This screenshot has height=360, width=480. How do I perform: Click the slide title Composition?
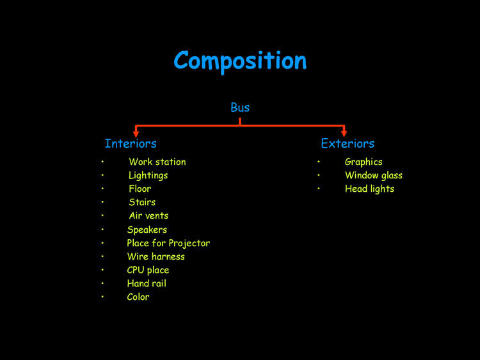pos(240,61)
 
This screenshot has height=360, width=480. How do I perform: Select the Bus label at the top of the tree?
pos(240,107)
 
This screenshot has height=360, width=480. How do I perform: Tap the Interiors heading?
pos(131,143)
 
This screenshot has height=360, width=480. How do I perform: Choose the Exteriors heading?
pos(348,143)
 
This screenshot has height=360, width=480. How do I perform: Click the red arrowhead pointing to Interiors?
pos(136,132)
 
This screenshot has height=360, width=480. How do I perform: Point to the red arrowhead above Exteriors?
pos(344,132)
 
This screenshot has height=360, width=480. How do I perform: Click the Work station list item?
pos(157,162)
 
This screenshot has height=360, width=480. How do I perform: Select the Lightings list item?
pos(148,175)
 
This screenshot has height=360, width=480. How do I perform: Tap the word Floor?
pos(140,189)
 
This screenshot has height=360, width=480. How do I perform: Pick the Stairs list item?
pos(142,202)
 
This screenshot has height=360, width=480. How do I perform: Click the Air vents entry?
pos(148,215)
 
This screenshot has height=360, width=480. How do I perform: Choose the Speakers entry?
pos(147,230)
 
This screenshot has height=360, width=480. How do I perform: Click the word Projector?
pos(189,243)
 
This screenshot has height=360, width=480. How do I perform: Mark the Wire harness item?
pos(156,256)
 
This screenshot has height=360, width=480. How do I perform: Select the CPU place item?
pos(148,270)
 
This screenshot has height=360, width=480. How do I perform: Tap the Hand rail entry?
pos(147,283)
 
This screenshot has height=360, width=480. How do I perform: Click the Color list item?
pos(138,297)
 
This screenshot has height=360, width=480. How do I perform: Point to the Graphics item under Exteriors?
pos(364,162)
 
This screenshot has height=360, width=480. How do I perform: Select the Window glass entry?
pos(374,175)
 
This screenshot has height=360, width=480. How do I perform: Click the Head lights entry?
pos(369,189)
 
